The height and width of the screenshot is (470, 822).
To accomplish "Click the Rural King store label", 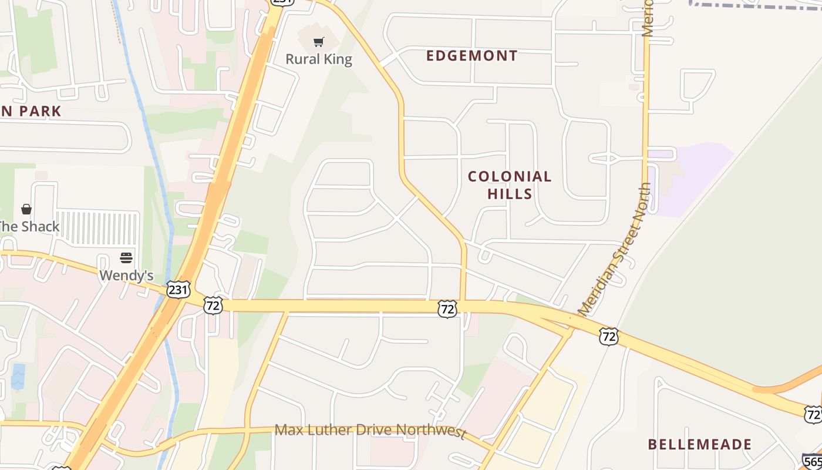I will tap(318, 59).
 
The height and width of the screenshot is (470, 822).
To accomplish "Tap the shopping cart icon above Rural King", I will tap(318, 42).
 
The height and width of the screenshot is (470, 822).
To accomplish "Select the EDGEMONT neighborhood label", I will tap(471, 56).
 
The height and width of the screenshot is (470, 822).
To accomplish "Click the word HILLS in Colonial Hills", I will tap(510, 194).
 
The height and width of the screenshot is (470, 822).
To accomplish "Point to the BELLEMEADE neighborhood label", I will tap(699, 444).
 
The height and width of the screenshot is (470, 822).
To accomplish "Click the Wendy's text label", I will tap(126, 275).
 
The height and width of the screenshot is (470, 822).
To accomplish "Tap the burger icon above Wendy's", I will tap(126, 258).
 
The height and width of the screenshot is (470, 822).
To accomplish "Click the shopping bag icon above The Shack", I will tap(26, 209).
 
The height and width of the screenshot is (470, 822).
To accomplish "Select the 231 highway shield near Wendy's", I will tap(178, 289).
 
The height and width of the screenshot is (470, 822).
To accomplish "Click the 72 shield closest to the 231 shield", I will tap(213, 305).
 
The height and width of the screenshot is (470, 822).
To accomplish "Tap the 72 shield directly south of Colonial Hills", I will tap(447, 309).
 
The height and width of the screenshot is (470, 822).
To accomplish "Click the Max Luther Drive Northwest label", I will tap(370, 430).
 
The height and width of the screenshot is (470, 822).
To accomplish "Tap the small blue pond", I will tap(18, 377).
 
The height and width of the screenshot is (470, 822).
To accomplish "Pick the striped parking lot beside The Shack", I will tap(98, 228).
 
